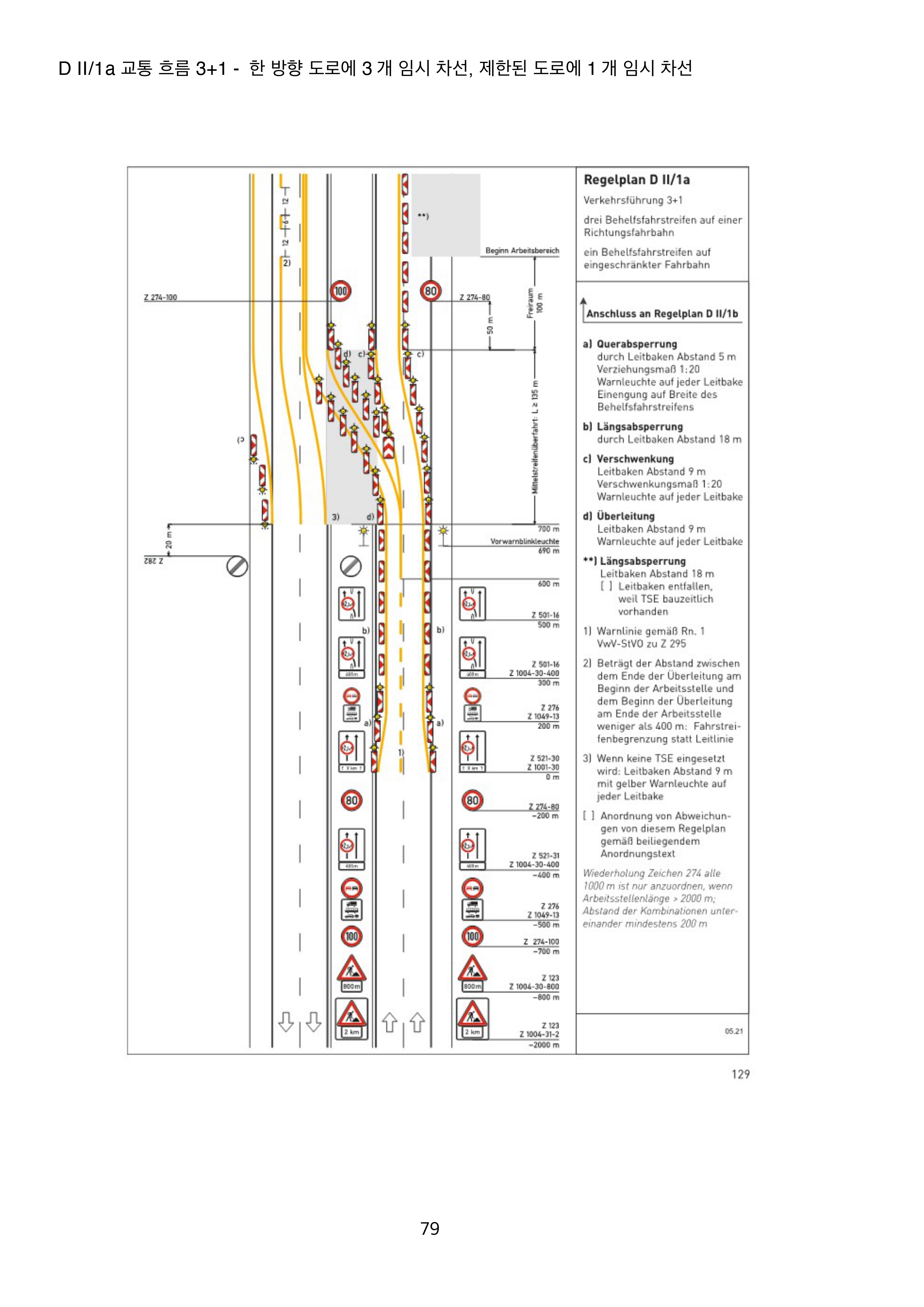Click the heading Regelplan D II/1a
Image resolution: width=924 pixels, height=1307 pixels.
click(636, 180)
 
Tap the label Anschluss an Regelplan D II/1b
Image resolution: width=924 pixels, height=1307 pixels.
click(662, 314)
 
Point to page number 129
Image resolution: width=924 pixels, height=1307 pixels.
click(740, 1074)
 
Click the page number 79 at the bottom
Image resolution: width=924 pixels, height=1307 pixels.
click(430, 1228)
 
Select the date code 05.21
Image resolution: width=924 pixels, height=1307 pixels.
click(733, 1031)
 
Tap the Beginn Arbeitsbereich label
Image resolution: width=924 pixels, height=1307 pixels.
click(522, 250)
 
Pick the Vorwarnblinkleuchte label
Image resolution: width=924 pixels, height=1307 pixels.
click(524, 541)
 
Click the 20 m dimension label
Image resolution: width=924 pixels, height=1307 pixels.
click(168, 540)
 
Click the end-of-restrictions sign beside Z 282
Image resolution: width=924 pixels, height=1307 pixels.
click(237, 567)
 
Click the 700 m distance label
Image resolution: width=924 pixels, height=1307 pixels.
click(548, 529)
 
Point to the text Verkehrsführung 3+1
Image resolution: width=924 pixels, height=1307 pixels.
click(633, 200)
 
